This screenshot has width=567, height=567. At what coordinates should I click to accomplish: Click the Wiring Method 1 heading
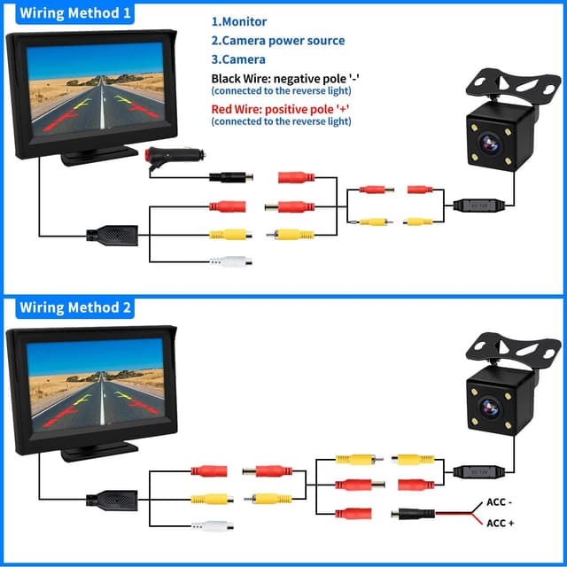pyautogui.click(x=76, y=13)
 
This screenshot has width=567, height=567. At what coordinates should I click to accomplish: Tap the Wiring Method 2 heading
pyautogui.click(x=76, y=307)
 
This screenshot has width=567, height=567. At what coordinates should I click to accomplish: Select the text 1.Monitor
pyautogui.click(x=238, y=21)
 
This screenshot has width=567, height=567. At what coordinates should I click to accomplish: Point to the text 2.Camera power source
pyautogui.click(x=277, y=41)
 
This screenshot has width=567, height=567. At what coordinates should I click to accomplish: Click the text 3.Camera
pyautogui.click(x=237, y=59)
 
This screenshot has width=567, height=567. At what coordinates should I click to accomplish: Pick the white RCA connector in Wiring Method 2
pyautogui.click(x=213, y=525)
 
